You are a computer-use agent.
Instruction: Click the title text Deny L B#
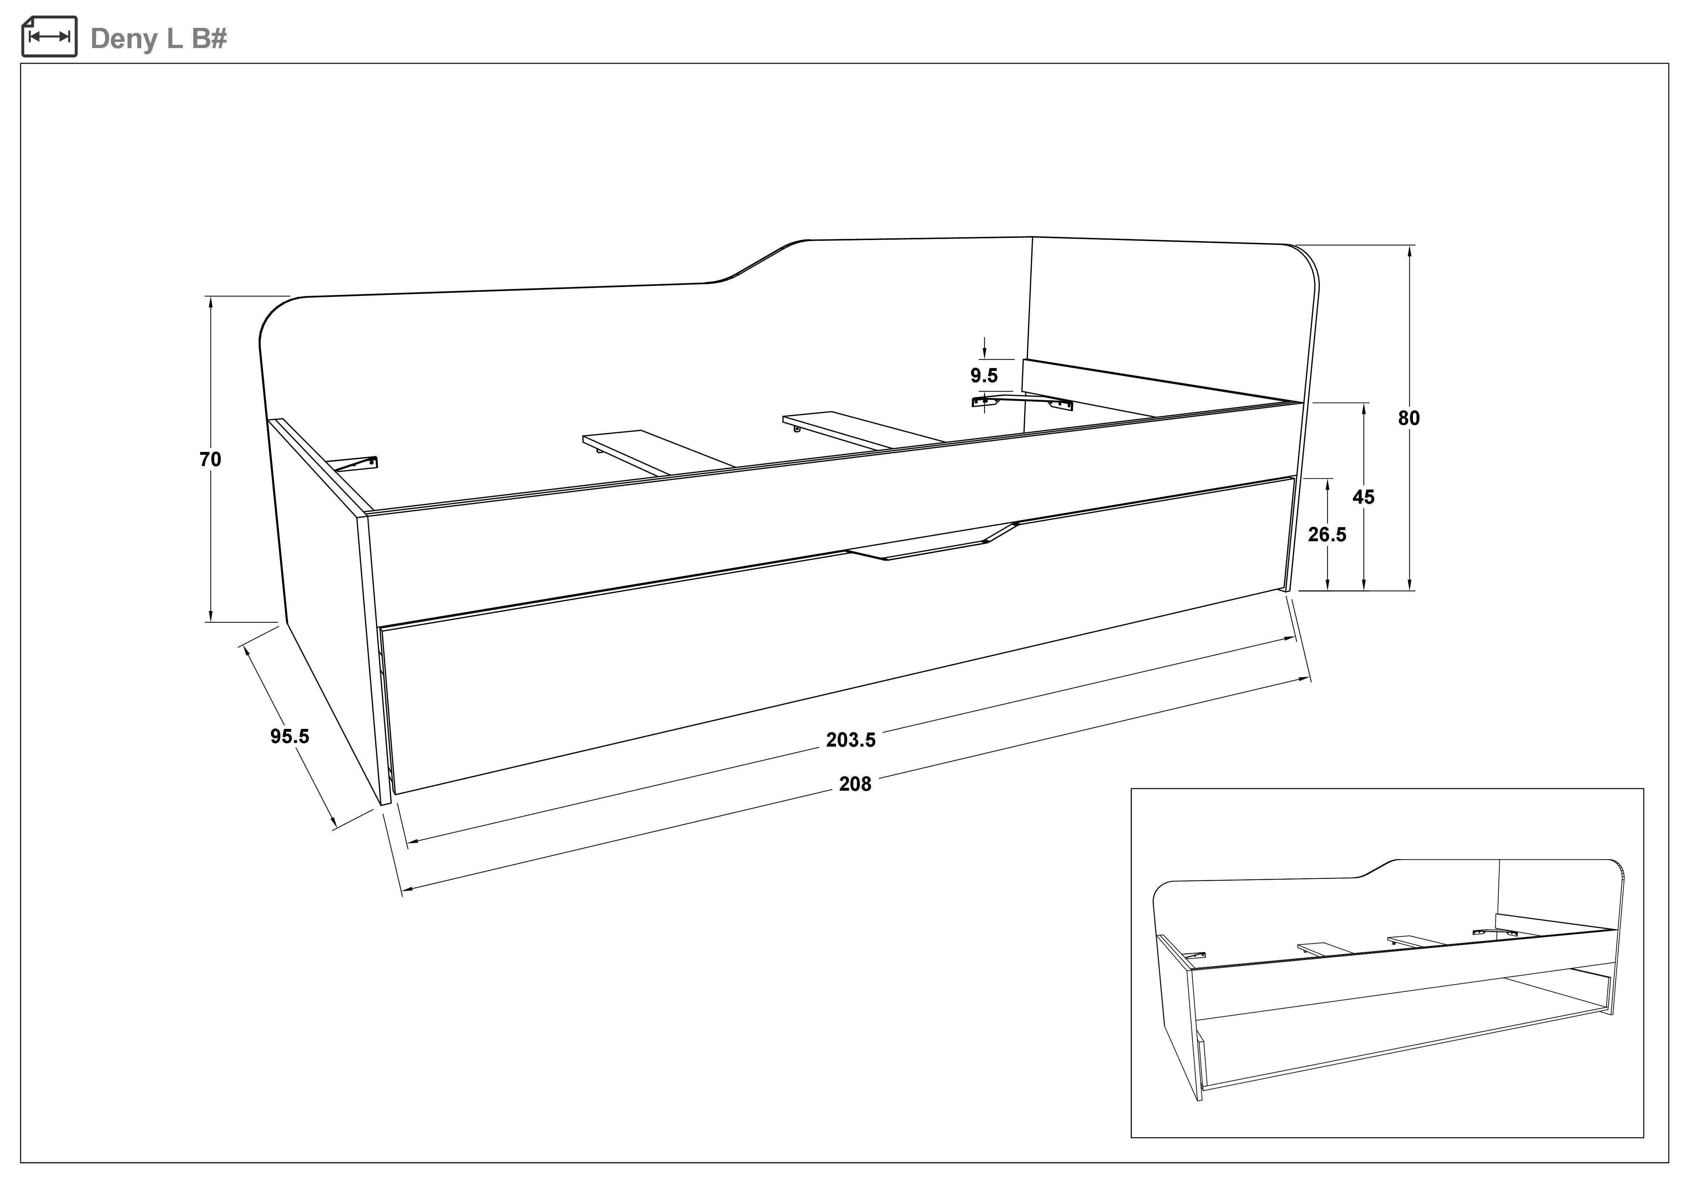tap(158, 38)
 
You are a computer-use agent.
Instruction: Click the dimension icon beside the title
tap(49, 36)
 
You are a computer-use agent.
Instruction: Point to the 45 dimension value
tap(1363, 497)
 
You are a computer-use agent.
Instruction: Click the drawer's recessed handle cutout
tap(932, 542)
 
